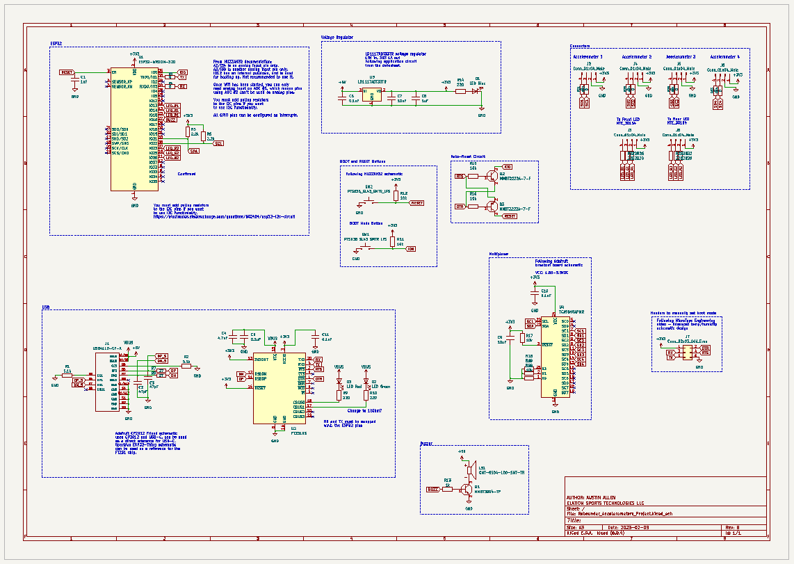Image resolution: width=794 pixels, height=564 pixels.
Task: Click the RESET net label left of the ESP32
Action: click(67, 72)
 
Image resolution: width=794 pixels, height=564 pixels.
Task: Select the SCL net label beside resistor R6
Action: click(218, 143)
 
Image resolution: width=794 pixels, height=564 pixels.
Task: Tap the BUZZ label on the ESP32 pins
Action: click(170, 120)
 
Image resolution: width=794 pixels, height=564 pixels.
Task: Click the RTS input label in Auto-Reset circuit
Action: click(459, 177)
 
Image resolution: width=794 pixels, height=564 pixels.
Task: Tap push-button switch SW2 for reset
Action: click(368, 200)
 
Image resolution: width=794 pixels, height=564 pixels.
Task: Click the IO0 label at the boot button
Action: click(411, 248)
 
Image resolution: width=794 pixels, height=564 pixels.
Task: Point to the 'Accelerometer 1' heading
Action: click(588, 56)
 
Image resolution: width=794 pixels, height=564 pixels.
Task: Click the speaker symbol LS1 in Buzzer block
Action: click(471, 471)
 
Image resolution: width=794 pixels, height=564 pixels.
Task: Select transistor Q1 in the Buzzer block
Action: click(466, 490)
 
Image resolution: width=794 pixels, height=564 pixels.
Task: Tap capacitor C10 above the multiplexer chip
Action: click(535, 293)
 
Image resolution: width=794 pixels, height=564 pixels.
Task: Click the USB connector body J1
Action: click(108, 382)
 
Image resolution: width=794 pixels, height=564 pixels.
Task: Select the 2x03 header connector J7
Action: click(688, 351)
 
